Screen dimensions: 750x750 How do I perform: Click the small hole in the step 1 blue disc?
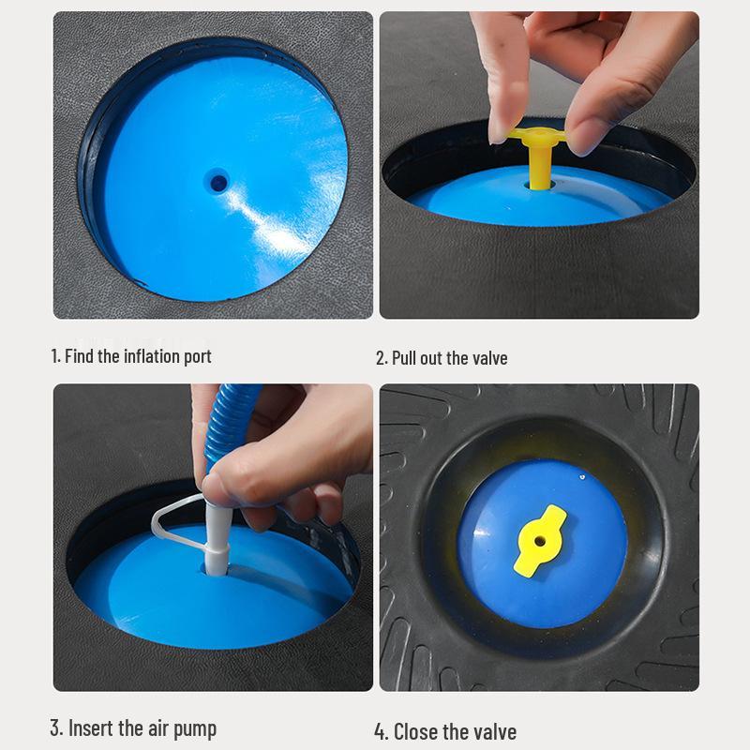tap(218, 181)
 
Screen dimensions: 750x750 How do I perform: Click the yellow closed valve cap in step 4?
tap(541, 540)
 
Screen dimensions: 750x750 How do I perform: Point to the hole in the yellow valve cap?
tap(541, 540)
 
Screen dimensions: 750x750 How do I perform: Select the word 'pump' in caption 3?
tap(193, 728)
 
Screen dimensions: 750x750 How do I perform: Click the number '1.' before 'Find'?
tap(55, 356)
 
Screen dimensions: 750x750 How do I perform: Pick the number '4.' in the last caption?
tap(382, 731)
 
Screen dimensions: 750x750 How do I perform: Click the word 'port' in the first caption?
tap(195, 357)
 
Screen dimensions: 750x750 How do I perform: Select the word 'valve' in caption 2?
tap(486, 358)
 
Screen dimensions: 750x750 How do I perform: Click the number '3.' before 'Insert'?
tap(57, 728)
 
